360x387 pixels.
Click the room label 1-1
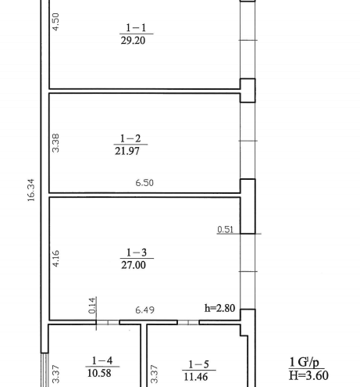coord(136,27)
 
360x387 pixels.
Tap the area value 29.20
coord(133,41)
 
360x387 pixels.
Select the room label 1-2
coord(130,138)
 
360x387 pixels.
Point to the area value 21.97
coord(127,151)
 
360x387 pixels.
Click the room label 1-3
coord(137,253)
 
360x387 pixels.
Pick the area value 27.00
coord(134,265)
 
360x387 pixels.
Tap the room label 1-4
coord(102,360)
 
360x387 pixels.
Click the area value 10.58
coord(99,373)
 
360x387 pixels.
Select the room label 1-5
coord(198,364)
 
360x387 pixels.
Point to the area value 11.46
coord(196,377)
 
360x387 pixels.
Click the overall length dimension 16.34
coord(30,190)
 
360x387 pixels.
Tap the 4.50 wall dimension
coord(55,22)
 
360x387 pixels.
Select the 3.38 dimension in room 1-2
coord(55,143)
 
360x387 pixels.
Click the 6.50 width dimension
coord(144,183)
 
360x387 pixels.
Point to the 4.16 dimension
coord(55,259)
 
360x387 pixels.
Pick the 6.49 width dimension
coord(145,310)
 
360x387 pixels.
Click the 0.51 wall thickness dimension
coord(225,229)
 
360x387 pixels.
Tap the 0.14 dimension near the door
coord(92,306)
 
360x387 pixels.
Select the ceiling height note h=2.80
coord(220,308)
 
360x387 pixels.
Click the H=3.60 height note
coord(308,375)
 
